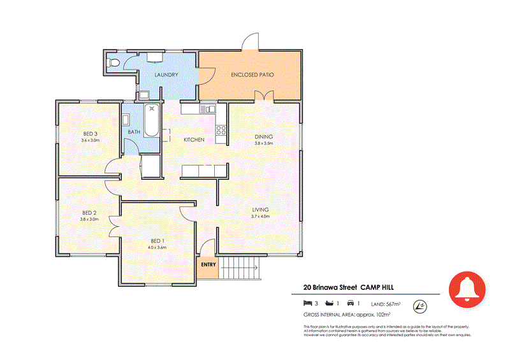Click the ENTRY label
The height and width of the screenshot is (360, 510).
(x=208, y=265)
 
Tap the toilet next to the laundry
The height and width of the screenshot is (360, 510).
(x=113, y=63)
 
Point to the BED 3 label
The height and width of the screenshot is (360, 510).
(x=90, y=133)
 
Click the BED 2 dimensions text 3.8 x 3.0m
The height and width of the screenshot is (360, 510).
(x=89, y=219)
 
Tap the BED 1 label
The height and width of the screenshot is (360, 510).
(x=157, y=240)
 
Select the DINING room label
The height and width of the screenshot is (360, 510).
(x=263, y=136)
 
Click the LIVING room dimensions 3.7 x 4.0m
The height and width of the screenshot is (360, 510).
(x=260, y=217)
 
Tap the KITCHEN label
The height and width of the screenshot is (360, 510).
(x=194, y=140)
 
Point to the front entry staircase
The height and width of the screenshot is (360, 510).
(x=240, y=268)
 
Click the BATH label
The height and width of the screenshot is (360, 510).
(x=134, y=132)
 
